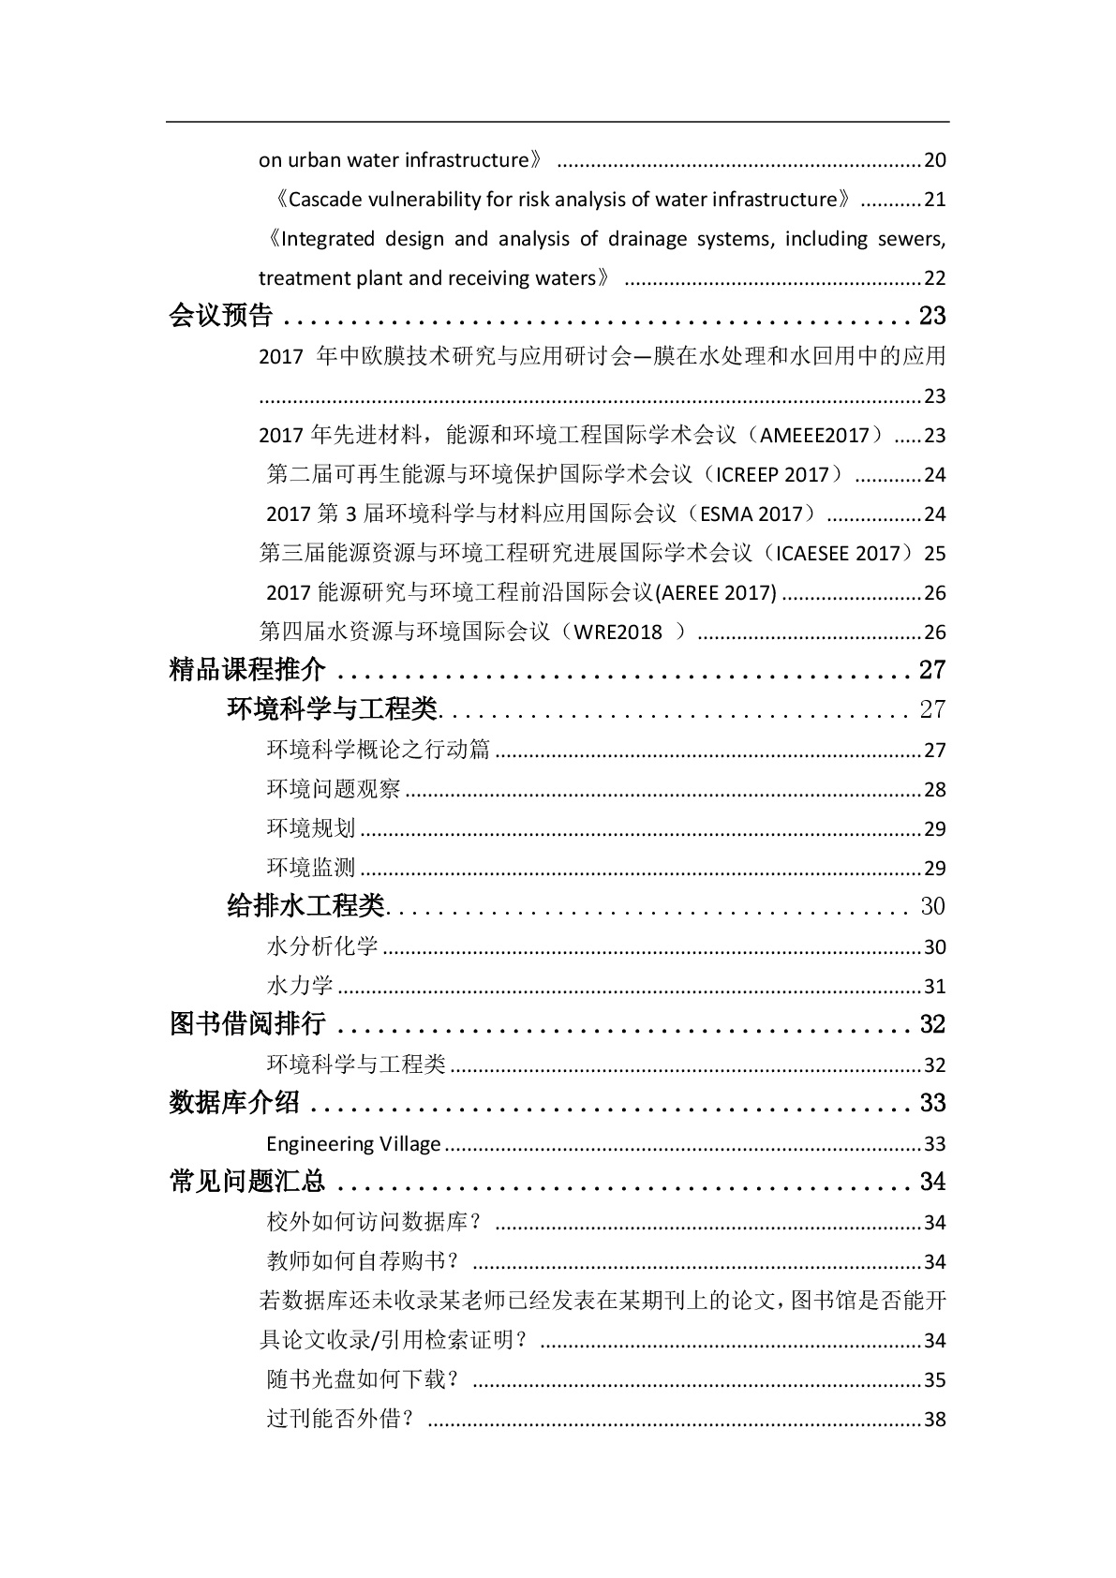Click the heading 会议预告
coord(221,316)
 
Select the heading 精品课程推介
coord(247,670)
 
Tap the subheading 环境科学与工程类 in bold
coord(333,709)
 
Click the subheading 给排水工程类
coord(306,906)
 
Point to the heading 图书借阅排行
coord(247,1024)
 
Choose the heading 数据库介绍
coord(234,1103)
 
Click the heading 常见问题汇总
coord(247,1182)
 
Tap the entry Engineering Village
coord(353,1143)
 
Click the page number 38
coord(935,1419)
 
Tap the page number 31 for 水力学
coord(935,986)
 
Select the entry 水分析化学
coord(322,946)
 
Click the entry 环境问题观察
coord(334,789)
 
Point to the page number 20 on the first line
coord(935,159)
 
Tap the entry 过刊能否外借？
coord(341,1419)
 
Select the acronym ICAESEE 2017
coord(837,553)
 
